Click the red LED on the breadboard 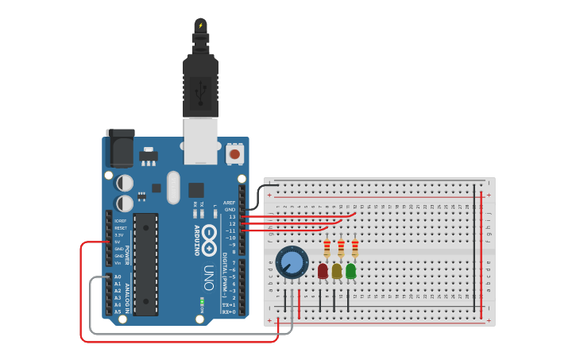[323, 272]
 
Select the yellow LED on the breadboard [337, 272]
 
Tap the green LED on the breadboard [351, 272]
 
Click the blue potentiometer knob [292, 262]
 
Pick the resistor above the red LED [327, 250]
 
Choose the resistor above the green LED [355, 250]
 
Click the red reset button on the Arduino [235, 153]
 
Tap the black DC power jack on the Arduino [121, 147]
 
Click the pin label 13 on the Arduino [232, 216]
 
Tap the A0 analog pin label [118, 277]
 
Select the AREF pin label [230, 203]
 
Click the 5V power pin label [119, 242]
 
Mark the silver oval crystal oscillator [174, 188]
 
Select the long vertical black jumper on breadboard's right [474, 246]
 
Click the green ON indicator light [203, 302]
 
